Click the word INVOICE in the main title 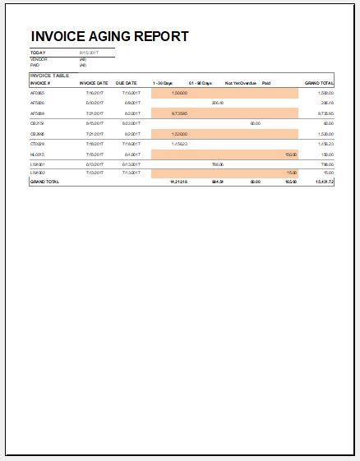pyautogui.click(x=60, y=37)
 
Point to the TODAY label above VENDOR pyautogui.click(x=38, y=53)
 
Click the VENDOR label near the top pyautogui.click(x=38, y=59)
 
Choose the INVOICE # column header pyautogui.click(x=40, y=83)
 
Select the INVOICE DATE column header pyautogui.click(x=93, y=83)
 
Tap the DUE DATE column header pyautogui.click(x=126, y=83)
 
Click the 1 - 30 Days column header pyautogui.click(x=163, y=83)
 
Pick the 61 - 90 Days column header pyautogui.click(x=200, y=83)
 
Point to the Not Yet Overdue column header pyautogui.click(x=240, y=83)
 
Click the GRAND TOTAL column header pyautogui.click(x=319, y=83)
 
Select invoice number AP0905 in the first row pyautogui.click(x=37, y=94)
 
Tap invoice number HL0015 pyautogui.click(x=37, y=154)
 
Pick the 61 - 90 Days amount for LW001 pyautogui.click(x=218, y=164)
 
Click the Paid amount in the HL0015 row pyautogui.click(x=290, y=154)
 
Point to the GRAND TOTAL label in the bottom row pyautogui.click(x=44, y=181)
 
